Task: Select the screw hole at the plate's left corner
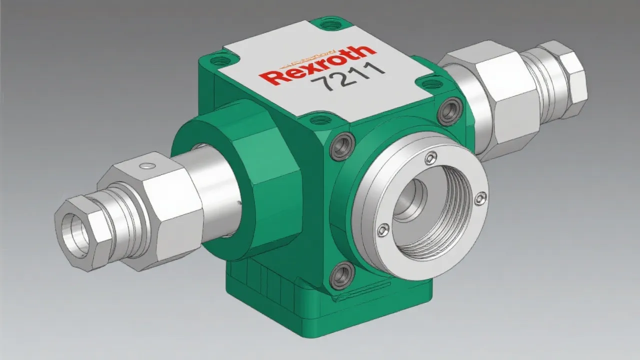point(218,61)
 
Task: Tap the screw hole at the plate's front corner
point(316,120)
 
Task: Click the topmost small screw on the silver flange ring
point(429,159)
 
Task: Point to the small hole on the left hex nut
point(145,165)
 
